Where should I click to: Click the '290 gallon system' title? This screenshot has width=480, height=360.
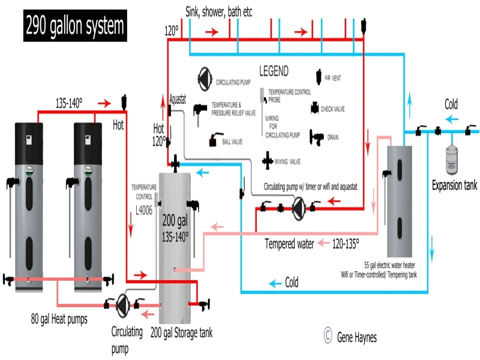(x=76, y=26)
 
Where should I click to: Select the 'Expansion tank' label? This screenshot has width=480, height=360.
(x=455, y=185)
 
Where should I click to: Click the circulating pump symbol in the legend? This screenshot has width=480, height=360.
(x=205, y=76)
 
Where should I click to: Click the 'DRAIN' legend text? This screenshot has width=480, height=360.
(x=334, y=137)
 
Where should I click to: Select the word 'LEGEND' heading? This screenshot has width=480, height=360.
(x=274, y=71)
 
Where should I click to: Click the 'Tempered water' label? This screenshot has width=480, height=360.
(x=290, y=244)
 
